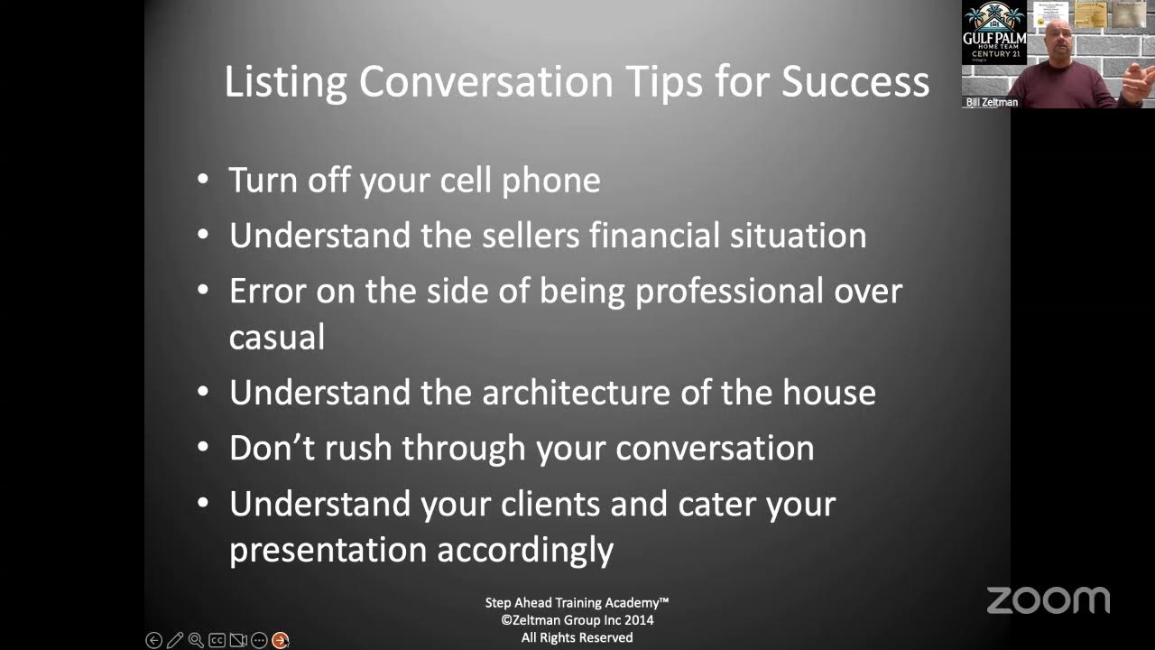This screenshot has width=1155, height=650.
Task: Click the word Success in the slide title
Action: tap(855, 81)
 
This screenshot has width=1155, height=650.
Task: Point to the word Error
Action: tap(268, 292)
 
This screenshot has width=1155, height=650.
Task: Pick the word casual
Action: tap(277, 338)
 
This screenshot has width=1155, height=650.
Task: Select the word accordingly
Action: tap(524, 550)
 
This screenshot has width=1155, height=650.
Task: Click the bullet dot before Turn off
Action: tap(203, 180)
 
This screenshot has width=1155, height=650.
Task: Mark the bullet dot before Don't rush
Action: tap(203, 447)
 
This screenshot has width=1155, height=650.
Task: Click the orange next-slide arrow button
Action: tap(281, 640)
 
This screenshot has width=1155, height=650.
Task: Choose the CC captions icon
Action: tap(217, 640)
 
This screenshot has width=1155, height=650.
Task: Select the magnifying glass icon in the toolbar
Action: tap(196, 640)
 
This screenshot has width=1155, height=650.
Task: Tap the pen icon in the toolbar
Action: tap(175, 640)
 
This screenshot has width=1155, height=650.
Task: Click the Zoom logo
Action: tap(1048, 599)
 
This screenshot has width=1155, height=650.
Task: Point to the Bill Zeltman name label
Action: tap(991, 102)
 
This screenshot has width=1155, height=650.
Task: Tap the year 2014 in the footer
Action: tap(637, 620)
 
